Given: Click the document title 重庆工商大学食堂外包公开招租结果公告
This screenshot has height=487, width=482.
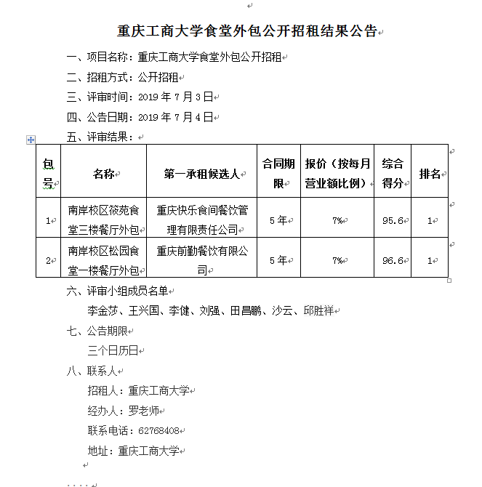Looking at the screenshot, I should click(x=247, y=32).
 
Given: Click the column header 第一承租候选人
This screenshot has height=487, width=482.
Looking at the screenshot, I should click(x=201, y=174).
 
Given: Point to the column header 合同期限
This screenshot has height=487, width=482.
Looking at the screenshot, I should click(x=277, y=174).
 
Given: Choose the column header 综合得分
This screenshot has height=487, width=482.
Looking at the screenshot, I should click(x=393, y=174).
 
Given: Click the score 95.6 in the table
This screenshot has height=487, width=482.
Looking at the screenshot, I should click(x=393, y=220).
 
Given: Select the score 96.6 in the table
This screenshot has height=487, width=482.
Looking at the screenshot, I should click(x=393, y=260).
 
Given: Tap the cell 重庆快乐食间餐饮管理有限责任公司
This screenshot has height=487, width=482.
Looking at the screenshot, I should click(x=201, y=220).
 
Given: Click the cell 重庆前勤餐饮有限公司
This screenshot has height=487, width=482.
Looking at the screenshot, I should click(x=201, y=260).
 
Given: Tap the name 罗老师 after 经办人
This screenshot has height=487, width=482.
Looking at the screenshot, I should click(x=143, y=411).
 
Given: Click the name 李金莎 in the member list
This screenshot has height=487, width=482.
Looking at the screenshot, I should click(x=103, y=311).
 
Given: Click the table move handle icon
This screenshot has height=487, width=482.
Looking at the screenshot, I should click(x=31, y=139).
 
